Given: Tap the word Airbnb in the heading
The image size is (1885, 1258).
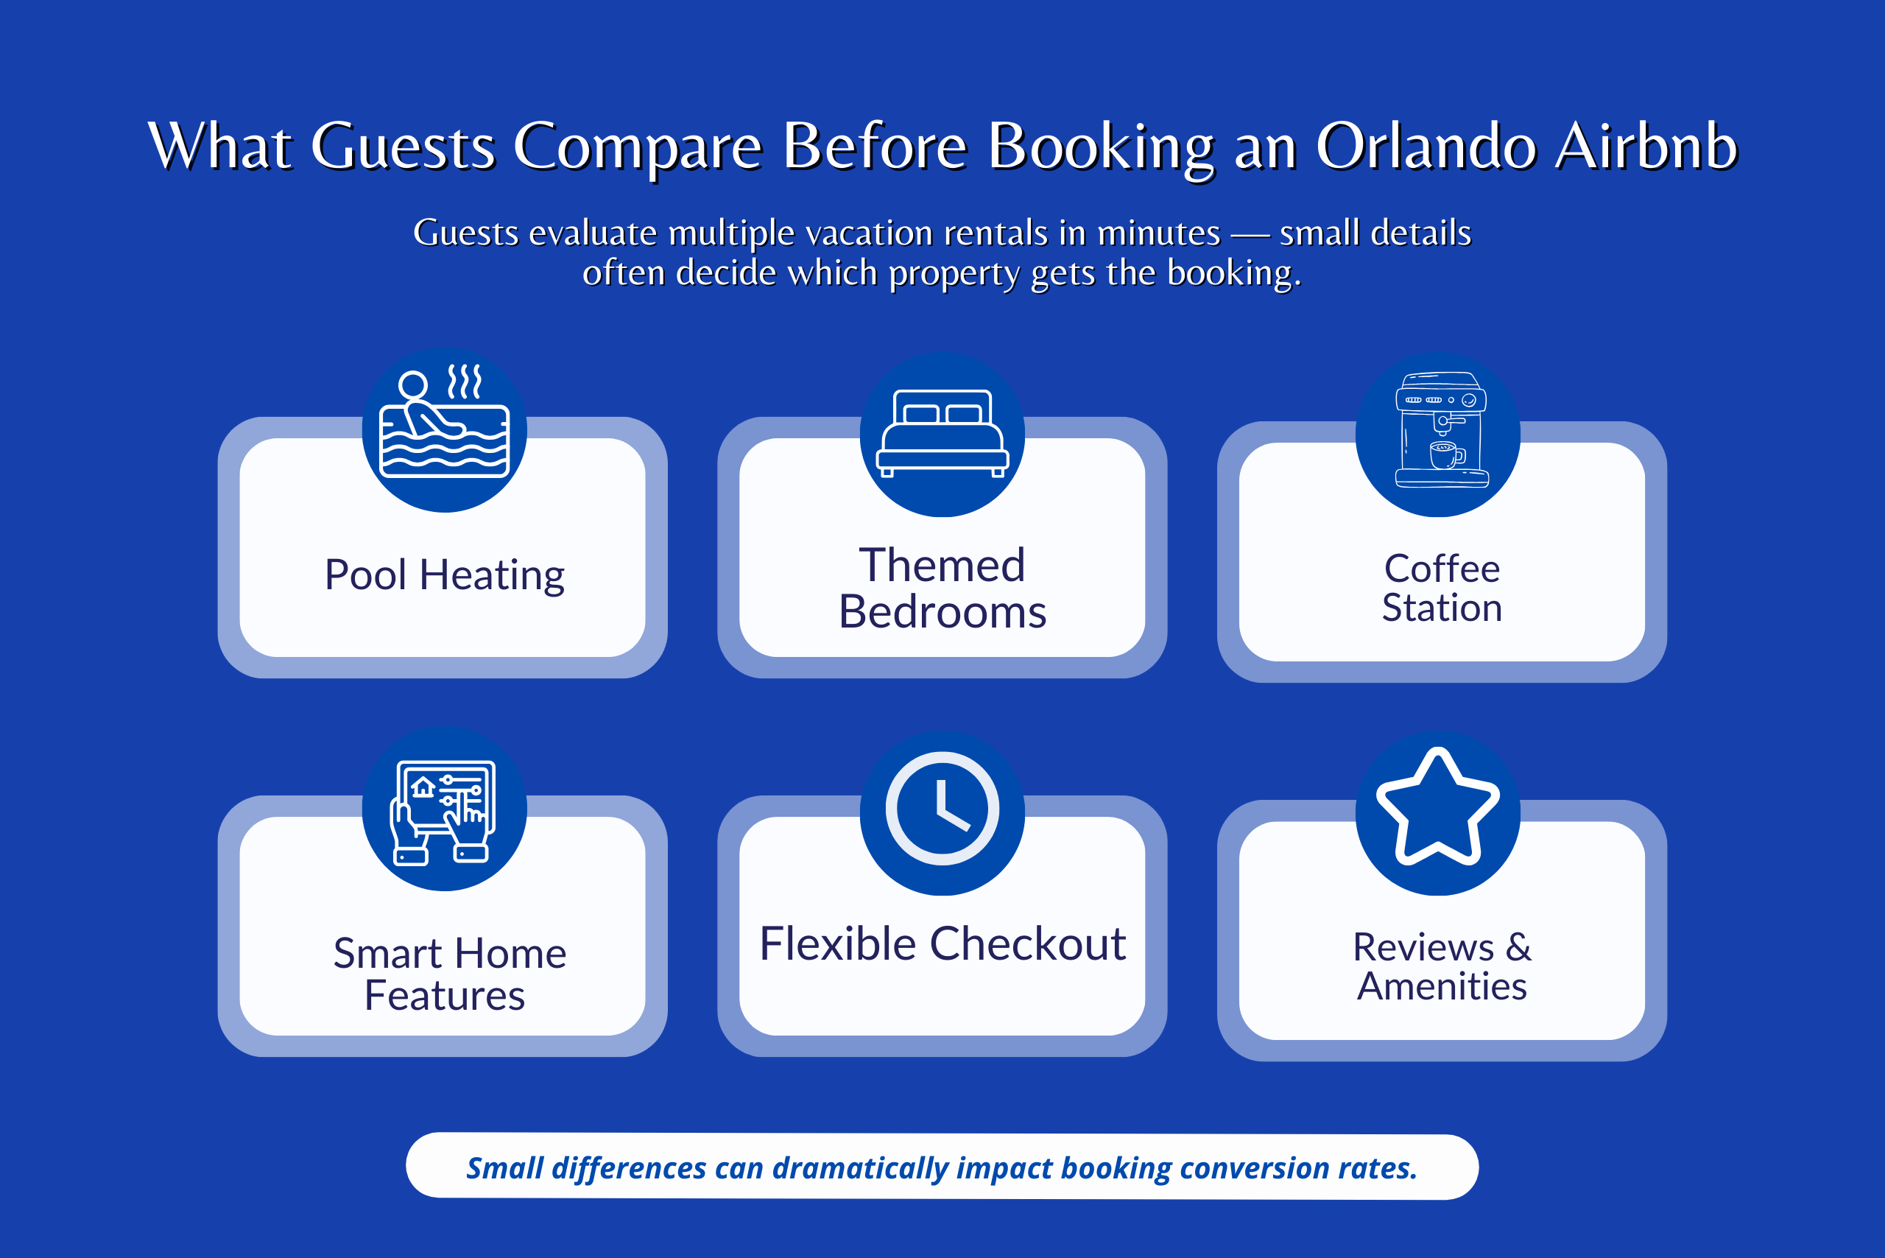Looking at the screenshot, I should click(x=1646, y=147).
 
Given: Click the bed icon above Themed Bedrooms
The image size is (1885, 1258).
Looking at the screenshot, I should click(x=942, y=434).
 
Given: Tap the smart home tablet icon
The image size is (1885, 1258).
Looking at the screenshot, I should click(x=443, y=810).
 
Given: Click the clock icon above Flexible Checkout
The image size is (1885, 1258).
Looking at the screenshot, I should click(x=942, y=809).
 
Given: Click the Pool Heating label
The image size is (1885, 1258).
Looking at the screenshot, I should click(x=443, y=575).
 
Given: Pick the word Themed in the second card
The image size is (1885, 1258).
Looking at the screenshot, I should click(x=942, y=565).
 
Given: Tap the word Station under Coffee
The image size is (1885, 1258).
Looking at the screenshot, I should click(x=1442, y=608).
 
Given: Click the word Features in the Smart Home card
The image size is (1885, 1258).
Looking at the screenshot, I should click(x=443, y=997).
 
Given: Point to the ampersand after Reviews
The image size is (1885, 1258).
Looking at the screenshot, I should click(x=1518, y=947).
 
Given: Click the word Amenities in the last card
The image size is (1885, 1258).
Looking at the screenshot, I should click(x=1442, y=987).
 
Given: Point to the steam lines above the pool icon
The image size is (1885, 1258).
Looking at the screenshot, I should click(x=465, y=381).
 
